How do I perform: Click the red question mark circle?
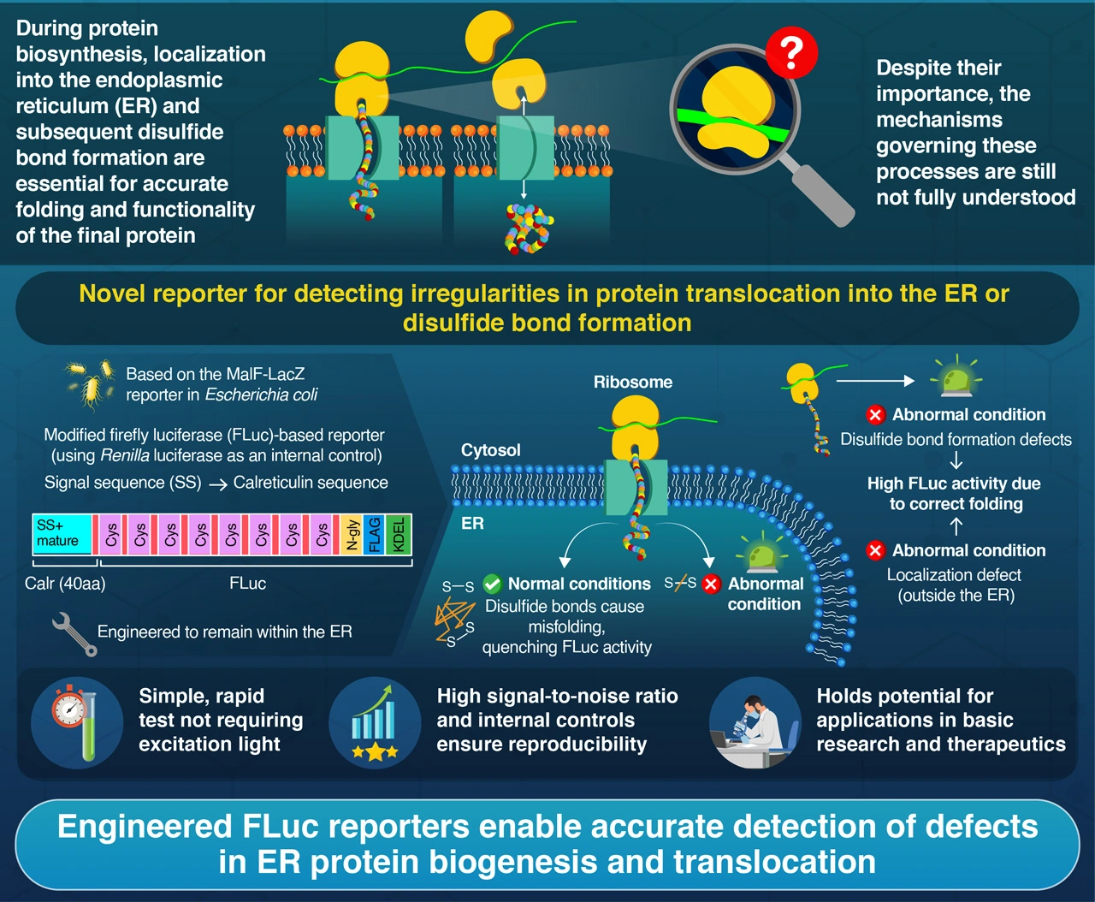click(x=791, y=52)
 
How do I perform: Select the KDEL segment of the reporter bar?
click(x=399, y=535)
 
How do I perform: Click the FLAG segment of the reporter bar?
click(x=374, y=535)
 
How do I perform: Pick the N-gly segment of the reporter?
click(x=352, y=535)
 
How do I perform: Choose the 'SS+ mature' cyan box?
click(x=62, y=534)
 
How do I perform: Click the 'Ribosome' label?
click(x=633, y=383)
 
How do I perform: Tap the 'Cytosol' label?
click(x=490, y=450)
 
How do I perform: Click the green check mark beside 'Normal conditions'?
click(x=492, y=585)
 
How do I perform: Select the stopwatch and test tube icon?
click(x=76, y=721)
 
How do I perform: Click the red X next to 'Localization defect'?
click(x=875, y=550)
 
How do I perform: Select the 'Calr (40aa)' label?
click(x=65, y=584)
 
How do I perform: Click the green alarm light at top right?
click(x=956, y=377)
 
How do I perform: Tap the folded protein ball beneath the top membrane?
click(x=528, y=228)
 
